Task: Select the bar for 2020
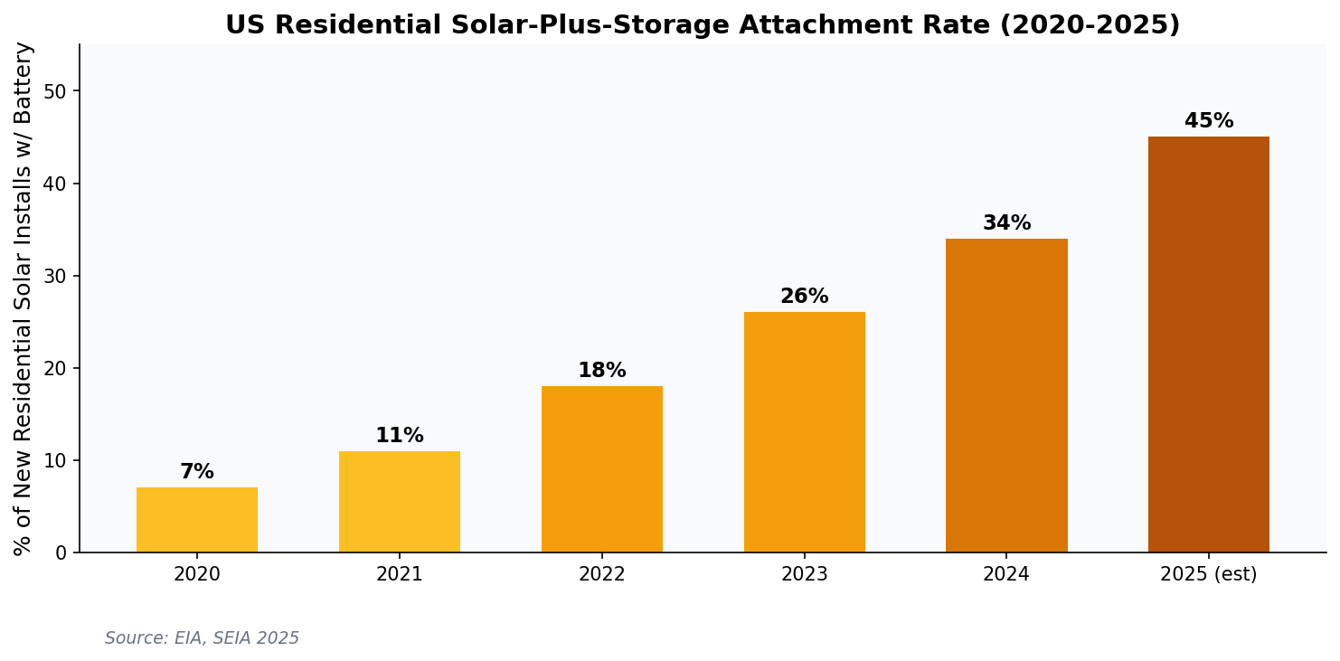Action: [x=197, y=520]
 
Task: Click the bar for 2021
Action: [x=400, y=502]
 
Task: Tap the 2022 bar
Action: [x=602, y=469]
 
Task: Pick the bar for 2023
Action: [x=805, y=432]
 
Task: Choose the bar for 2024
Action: [x=1006, y=395]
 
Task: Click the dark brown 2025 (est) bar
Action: [x=1209, y=345]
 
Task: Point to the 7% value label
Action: [x=197, y=472]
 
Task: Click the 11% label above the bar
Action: [x=400, y=436]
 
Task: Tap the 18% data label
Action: [x=602, y=371]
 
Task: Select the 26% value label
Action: [x=805, y=297]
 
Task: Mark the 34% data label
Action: [x=1006, y=223]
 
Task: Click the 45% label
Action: [x=1209, y=121]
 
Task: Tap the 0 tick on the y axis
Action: [x=61, y=552]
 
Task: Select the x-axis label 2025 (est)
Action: [x=1209, y=574]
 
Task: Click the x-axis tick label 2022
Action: [x=602, y=574]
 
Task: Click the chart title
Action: [x=703, y=25]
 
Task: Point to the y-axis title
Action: [x=24, y=298]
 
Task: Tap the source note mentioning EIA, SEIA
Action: [x=202, y=638]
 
